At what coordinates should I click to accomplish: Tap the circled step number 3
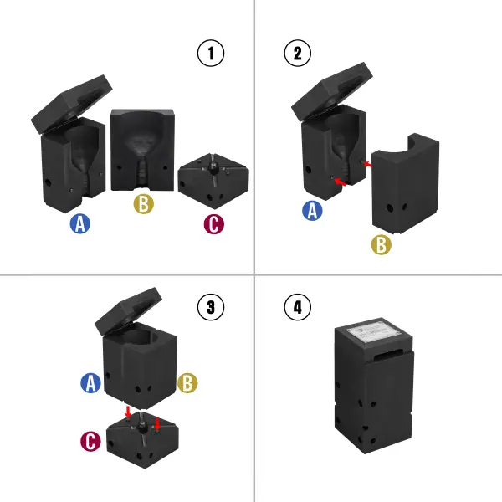pyautogui.click(x=211, y=307)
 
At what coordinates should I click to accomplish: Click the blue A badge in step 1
pyautogui.click(x=79, y=223)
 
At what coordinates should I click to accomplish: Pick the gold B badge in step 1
pyautogui.click(x=143, y=203)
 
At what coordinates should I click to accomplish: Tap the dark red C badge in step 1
pyautogui.click(x=214, y=223)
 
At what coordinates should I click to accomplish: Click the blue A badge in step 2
pyautogui.click(x=313, y=211)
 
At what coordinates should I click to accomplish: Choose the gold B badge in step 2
pyautogui.click(x=382, y=245)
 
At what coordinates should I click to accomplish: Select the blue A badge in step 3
pyautogui.click(x=90, y=383)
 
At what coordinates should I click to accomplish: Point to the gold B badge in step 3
pyautogui.click(x=188, y=383)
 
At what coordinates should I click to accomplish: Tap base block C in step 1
pyautogui.click(x=214, y=180)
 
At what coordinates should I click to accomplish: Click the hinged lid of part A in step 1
pyautogui.click(x=72, y=101)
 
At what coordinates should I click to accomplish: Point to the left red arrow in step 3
pyautogui.click(x=126, y=412)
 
